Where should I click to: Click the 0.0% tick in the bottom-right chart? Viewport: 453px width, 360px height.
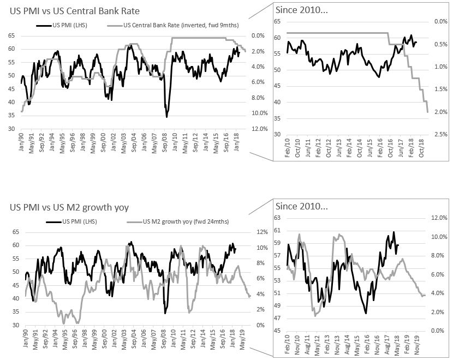tap(432, 331)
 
